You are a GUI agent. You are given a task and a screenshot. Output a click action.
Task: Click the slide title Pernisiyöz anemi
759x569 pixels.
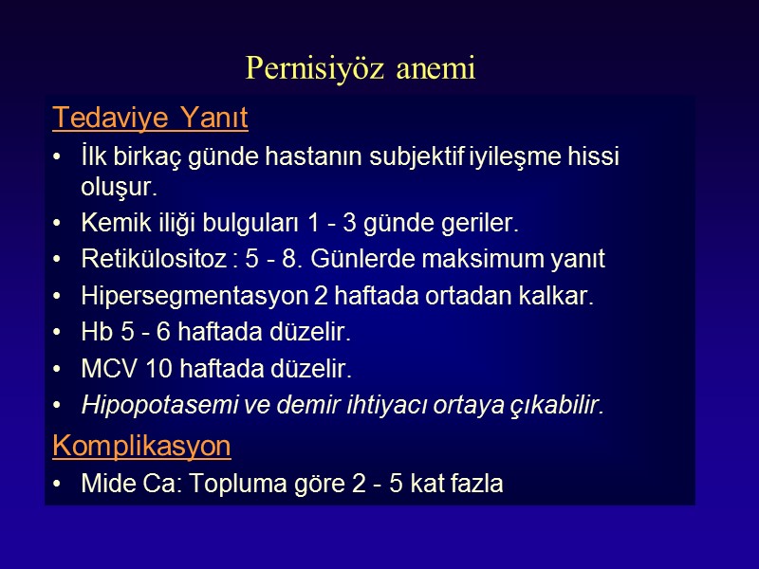360,68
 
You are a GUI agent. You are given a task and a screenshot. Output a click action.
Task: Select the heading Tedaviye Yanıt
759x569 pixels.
150,119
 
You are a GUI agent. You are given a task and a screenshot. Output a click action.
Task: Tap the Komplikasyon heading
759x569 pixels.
141,446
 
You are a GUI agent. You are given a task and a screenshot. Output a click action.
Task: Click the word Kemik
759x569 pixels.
111,225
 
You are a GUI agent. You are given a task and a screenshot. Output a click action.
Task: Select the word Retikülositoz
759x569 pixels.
147,260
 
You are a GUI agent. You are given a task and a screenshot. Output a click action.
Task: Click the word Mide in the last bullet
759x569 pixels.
106,484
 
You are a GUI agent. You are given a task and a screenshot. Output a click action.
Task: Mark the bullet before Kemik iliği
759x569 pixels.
61,225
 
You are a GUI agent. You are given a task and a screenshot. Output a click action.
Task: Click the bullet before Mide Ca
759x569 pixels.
61,484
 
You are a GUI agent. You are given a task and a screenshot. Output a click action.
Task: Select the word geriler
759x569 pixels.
487,225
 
